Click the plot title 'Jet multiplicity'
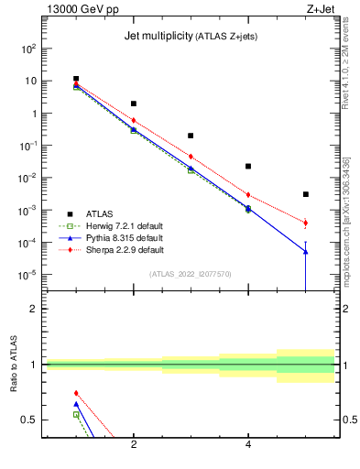157,37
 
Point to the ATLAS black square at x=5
306,194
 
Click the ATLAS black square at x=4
248,166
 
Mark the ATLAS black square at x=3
191,136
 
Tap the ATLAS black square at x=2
134,104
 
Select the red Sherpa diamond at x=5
306,223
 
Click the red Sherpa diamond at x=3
191,156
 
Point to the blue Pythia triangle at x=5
306,252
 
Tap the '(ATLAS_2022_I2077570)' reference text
191,273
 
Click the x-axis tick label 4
248,444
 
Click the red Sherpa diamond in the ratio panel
76,393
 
